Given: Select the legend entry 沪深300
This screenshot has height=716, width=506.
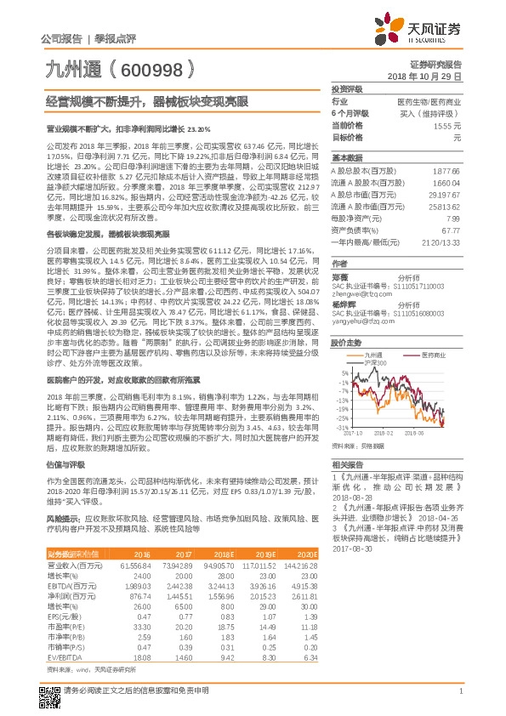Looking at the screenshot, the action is (374, 362).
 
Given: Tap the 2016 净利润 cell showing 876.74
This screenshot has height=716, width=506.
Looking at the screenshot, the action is (137, 595).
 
